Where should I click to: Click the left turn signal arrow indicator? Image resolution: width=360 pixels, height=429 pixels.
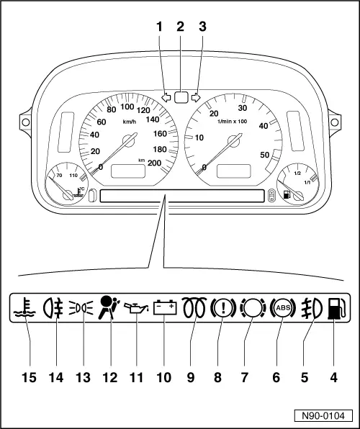(167, 94)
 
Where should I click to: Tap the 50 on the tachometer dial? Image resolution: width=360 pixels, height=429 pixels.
(264, 155)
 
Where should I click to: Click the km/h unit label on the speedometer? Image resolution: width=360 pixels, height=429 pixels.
(129, 122)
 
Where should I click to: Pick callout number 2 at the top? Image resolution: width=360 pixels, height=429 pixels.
(180, 27)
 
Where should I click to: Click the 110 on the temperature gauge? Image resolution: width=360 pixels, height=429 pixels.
(73, 176)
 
